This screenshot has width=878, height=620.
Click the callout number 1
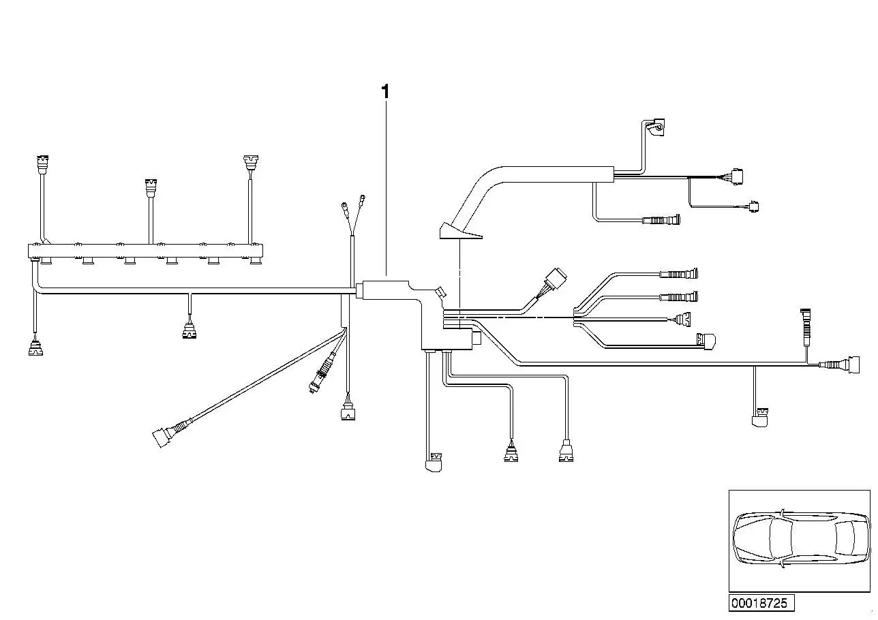[x=385, y=92]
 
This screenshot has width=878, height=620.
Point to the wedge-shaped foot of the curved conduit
[x=459, y=231]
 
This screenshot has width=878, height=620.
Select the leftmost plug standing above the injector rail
[x=42, y=164]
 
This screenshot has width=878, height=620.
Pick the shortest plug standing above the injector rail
[x=151, y=188]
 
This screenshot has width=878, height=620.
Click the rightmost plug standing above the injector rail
[x=250, y=164]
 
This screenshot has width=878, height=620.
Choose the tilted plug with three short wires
[x=555, y=280]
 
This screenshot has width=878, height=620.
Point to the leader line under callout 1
[x=386, y=189]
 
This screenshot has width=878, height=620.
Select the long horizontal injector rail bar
[x=145, y=251]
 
